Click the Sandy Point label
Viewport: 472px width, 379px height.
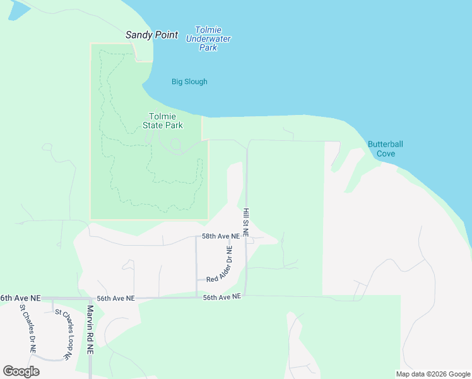click(151, 35)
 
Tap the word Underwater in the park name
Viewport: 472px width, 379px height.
click(208, 39)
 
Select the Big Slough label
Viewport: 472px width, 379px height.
click(189, 81)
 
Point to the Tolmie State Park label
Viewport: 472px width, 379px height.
click(166, 121)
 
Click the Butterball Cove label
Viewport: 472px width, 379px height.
click(385, 148)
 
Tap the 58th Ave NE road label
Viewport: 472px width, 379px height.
click(221, 236)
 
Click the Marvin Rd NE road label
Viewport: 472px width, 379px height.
click(90, 330)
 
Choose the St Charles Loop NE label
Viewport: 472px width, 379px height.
click(62, 334)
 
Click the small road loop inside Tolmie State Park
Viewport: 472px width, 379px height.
click(175, 146)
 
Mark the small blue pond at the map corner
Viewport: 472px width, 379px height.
click(15, 8)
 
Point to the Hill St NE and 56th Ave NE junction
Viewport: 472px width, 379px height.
click(245, 296)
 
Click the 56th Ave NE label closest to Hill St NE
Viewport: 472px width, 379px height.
click(222, 296)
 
